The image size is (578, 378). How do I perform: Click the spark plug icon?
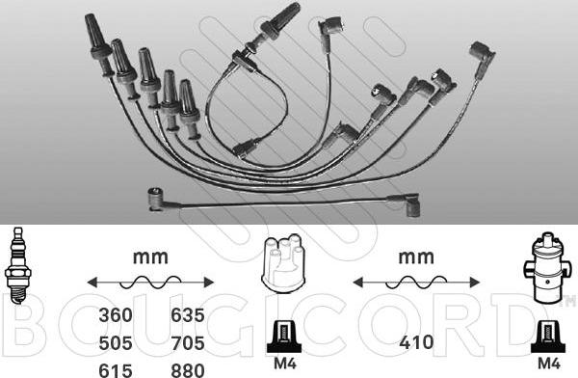click(x=17, y=265)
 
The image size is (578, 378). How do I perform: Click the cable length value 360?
click(x=116, y=315)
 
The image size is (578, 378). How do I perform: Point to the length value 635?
click(x=188, y=315)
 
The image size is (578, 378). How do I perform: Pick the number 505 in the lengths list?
click(x=116, y=343)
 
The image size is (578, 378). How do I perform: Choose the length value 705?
click(x=188, y=343)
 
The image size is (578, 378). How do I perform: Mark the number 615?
click(x=116, y=370)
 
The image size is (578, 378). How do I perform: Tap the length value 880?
click(x=188, y=370)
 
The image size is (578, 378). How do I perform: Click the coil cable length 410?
click(x=416, y=342)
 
